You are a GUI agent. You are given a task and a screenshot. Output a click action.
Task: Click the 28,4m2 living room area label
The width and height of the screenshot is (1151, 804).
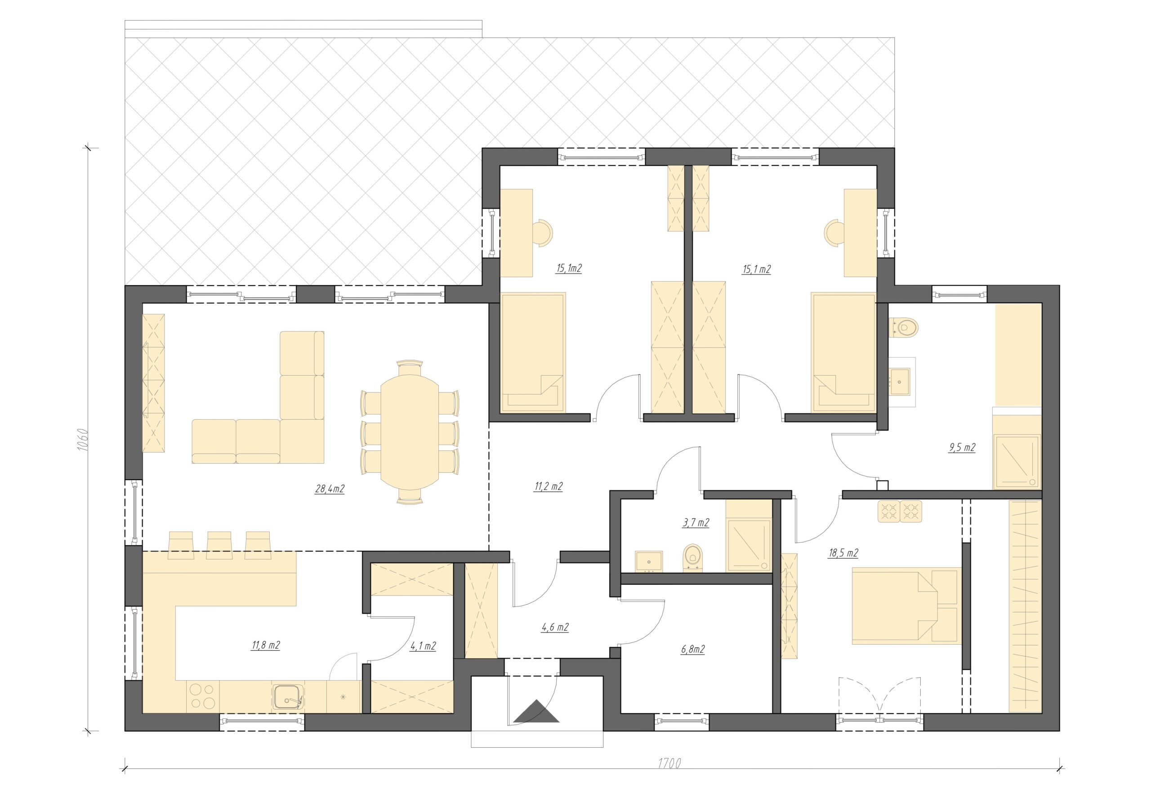(330, 489)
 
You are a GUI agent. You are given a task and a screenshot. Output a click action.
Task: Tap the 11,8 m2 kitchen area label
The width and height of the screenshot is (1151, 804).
(266, 645)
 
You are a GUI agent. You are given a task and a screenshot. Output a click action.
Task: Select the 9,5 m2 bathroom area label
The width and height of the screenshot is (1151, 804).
(962, 447)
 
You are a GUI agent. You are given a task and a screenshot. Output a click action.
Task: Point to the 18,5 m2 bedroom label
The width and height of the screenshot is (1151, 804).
(843, 553)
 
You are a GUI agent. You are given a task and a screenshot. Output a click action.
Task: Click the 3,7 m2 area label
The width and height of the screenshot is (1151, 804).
(695, 523)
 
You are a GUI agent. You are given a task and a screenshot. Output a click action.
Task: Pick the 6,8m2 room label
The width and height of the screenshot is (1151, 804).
(693, 650)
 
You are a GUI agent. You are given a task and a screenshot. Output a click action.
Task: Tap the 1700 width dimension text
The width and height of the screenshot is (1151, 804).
(669, 764)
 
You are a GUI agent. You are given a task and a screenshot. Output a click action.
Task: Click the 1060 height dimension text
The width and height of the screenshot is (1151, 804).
(83, 440)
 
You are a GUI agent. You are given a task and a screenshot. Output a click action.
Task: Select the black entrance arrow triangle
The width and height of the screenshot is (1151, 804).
(536, 711)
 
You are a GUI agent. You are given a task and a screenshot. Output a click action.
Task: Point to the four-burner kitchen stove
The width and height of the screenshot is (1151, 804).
(202, 696)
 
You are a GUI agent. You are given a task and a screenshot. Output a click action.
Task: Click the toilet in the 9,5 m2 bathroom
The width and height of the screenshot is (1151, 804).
(903, 328)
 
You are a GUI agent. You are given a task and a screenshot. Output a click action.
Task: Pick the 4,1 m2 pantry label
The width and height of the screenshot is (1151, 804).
(423, 646)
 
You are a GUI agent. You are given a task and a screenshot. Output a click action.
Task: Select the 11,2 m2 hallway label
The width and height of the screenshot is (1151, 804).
(549, 486)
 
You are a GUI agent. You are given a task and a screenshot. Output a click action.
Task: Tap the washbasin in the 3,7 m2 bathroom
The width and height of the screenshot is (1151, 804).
(649, 561)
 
